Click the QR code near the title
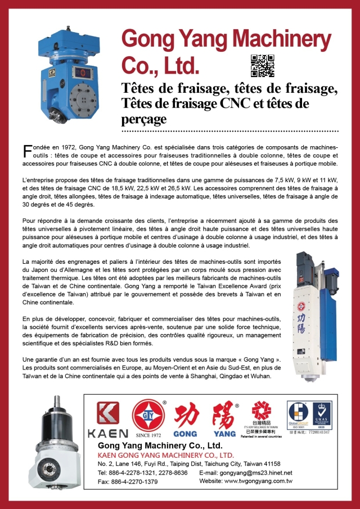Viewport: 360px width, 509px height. click(262, 66)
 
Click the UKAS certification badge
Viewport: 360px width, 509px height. click(322, 414)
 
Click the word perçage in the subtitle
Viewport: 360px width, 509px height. click(144, 119)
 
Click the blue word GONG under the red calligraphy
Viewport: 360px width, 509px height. click(185, 434)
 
